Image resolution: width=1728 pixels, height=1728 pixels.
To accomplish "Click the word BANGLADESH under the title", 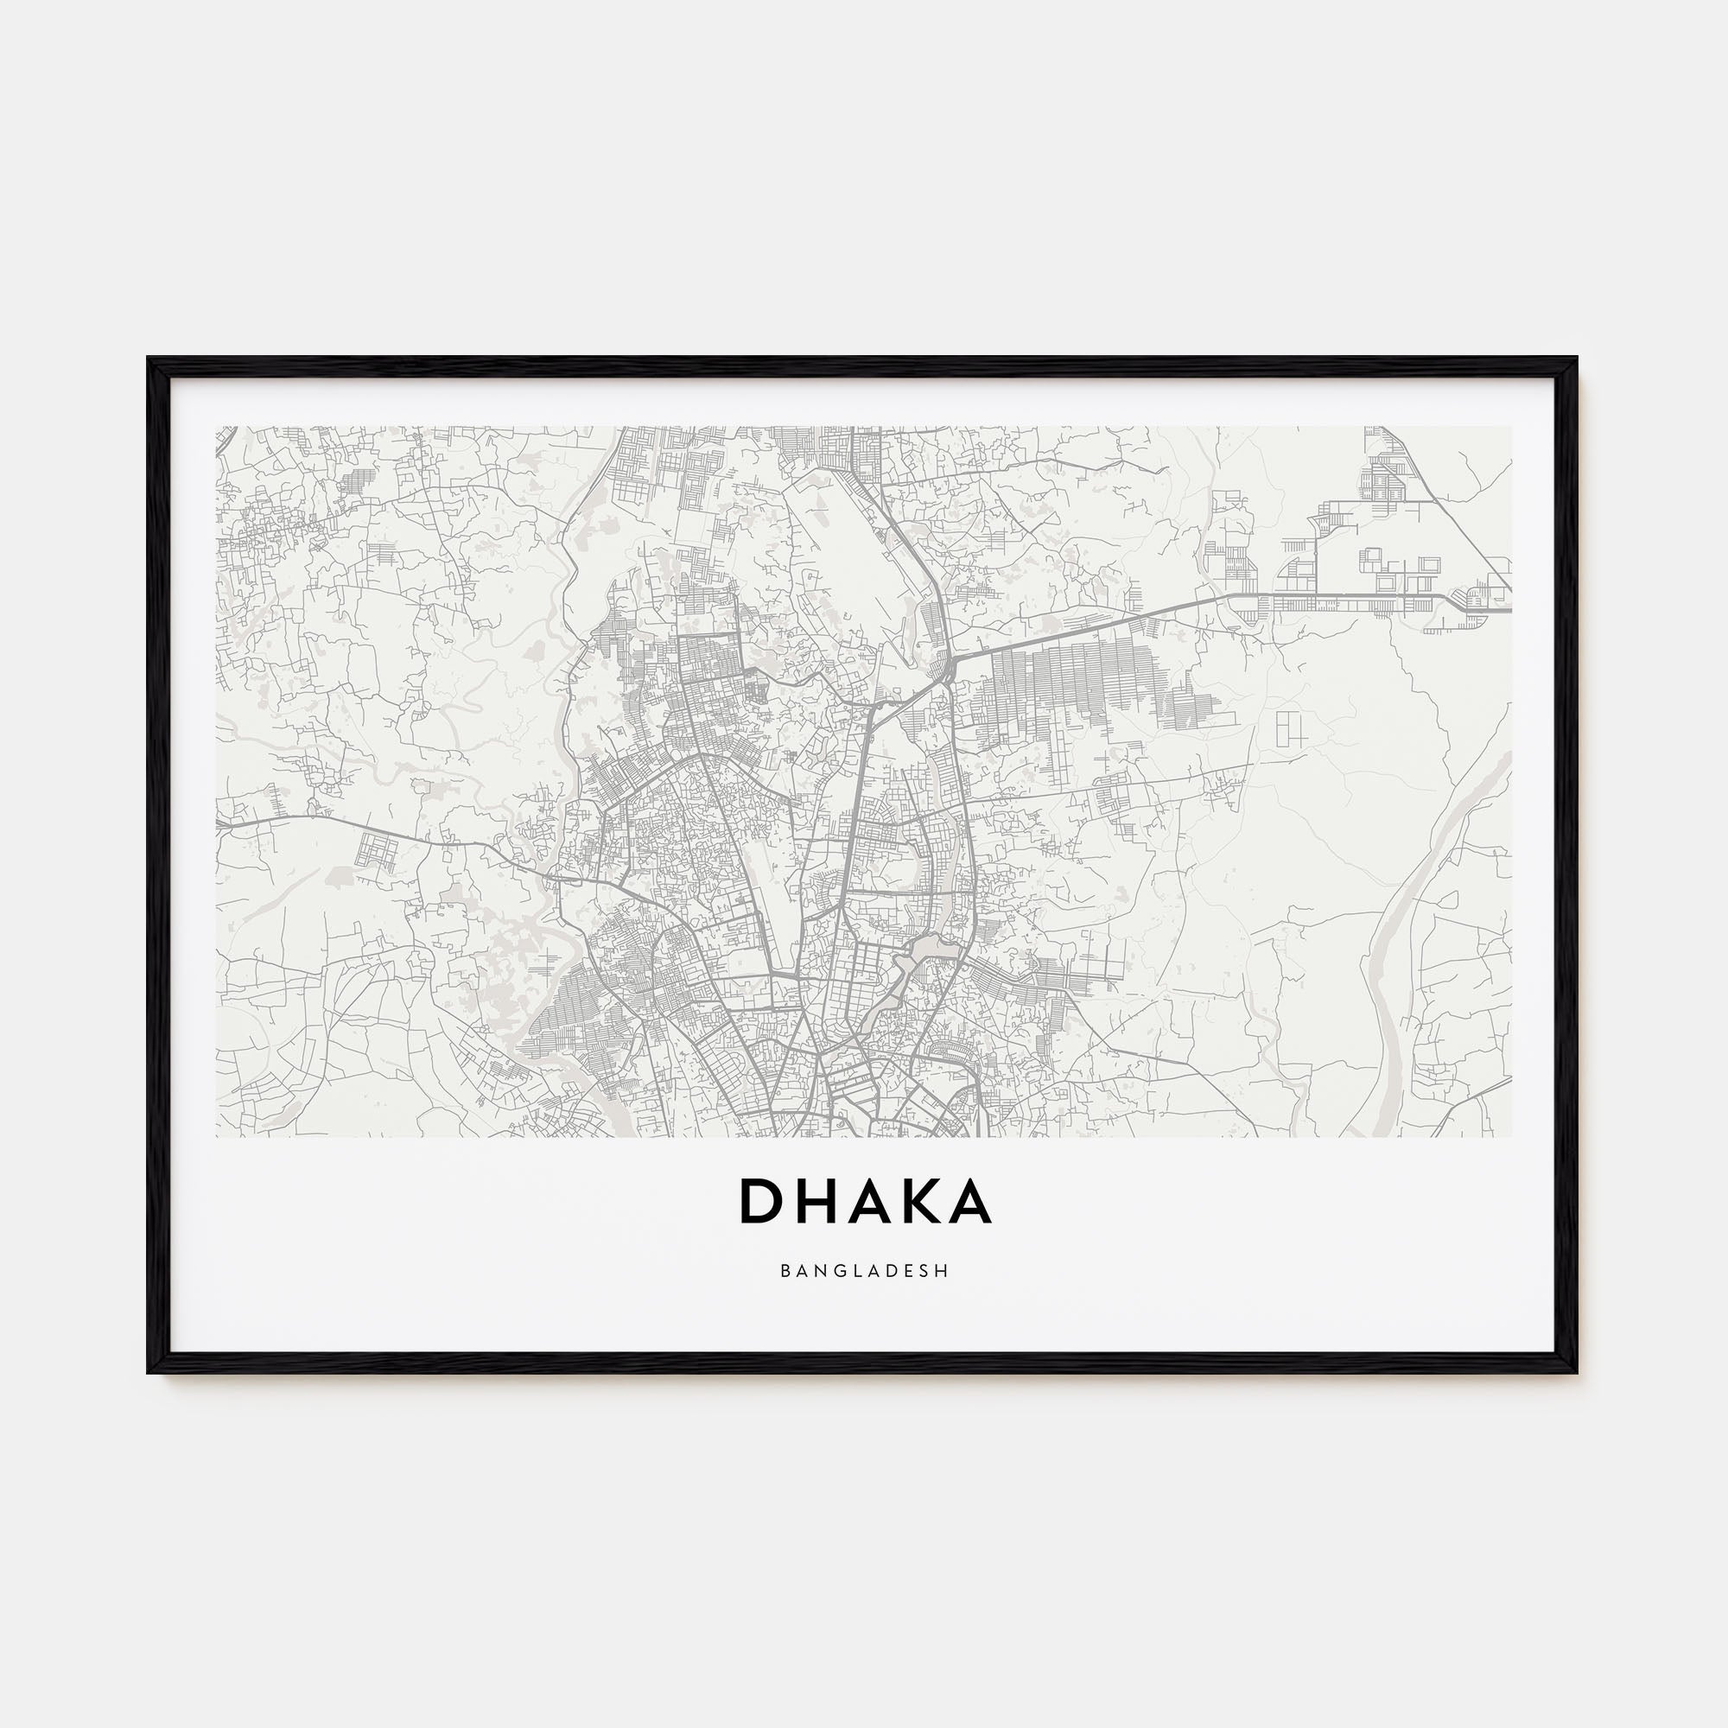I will click(x=864, y=1270).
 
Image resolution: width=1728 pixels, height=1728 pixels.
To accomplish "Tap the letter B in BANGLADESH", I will click(x=785, y=1270).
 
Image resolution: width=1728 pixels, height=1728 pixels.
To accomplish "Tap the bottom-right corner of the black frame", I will click(x=1575, y=1370).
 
